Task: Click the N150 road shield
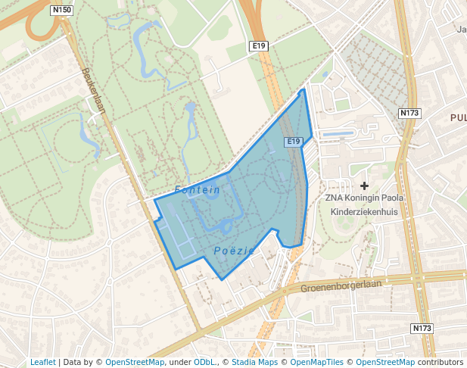[x=63, y=10]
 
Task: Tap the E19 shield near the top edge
[x=259, y=46]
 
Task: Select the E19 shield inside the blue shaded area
[x=294, y=142]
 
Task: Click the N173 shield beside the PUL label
[x=409, y=113]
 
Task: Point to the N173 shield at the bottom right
[x=422, y=328]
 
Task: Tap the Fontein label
[x=197, y=190]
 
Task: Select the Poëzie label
[x=234, y=251]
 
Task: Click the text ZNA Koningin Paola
[x=365, y=198]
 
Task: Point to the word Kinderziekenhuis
[x=364, y=211]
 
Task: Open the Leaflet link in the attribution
[x=42, y=362]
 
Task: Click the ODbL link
[x=204, y=362]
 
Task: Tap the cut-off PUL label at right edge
[x=458, y=117]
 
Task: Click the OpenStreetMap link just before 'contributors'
[x=385, y=362]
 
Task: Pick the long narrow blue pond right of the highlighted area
[x=337, y=134]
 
